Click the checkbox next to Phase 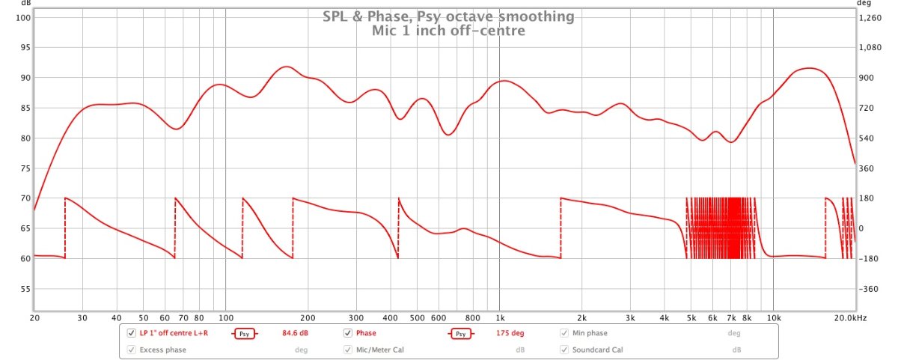(x=347, y=333)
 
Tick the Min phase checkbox (x=565, y=333)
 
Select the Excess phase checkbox (x=131, y=350)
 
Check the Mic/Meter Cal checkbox (x=347, y=350)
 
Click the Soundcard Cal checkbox (x=565, y=350)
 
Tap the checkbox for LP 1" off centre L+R (x=131, y=333)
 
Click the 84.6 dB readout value (x=295, y=333)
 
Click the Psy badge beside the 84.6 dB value (x=245, y=334)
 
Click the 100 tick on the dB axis (x=22, y=17)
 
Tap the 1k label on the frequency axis (x=500, y=318)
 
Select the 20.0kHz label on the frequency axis (x=851, y=318)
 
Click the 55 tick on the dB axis (x=24, y=289)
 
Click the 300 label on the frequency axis (x=356, y=318)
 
